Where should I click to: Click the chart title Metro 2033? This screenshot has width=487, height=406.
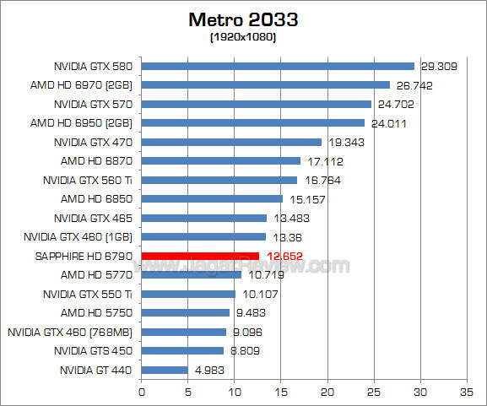(244, 19)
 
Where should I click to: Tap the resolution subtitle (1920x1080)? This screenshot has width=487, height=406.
(243, 38)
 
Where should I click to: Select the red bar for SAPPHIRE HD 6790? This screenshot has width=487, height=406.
(200, 256)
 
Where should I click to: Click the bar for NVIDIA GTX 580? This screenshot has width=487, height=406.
(278, 66)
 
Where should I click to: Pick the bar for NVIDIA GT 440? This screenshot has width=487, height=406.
(164, 369)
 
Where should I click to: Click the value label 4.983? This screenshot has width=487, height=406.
(208, 369)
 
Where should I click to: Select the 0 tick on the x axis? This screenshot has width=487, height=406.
(141, 392)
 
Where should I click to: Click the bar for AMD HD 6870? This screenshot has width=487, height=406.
(220, 160)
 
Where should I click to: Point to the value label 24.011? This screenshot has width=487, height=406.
(386, 122)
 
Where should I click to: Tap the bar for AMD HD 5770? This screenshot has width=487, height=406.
(191, 274)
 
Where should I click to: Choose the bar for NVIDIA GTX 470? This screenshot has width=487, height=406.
(231, 142)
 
